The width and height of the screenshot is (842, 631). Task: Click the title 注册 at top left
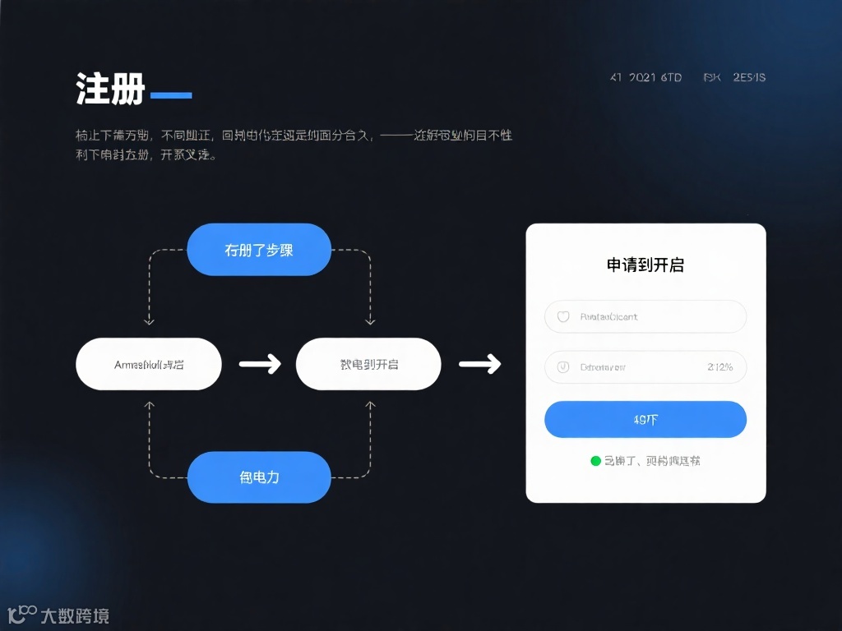[x=110, y=89]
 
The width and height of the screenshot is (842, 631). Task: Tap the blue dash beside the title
[x=171, y=95]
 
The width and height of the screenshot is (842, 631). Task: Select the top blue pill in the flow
[x=259, y=250]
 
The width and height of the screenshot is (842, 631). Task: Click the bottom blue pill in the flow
[x=259, y=477]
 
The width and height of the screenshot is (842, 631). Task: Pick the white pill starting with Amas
[x=149, y=364]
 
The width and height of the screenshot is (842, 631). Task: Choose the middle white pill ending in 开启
[x=368, y=364]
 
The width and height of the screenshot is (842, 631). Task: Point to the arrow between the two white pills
[x=259, y=364]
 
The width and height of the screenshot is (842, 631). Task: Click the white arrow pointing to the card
[x=479, y=364]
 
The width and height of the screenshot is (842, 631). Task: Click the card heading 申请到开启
[x=645, y=265]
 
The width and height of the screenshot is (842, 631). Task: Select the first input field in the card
[x=645, y=316]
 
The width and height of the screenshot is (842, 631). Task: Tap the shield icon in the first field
[x=563, y=316]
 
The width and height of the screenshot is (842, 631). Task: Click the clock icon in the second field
[x=563, y=367]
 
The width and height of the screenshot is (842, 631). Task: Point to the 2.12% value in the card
[x=719, y=367]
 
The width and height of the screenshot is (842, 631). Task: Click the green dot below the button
[x=596, y=461]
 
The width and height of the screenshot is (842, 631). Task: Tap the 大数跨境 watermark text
[x=75, y=615]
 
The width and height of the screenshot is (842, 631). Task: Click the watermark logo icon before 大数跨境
[x=21, y=614]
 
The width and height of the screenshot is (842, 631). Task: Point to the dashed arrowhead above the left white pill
[x=149, y=321]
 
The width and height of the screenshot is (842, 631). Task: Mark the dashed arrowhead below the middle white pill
[x=370, y=405]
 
